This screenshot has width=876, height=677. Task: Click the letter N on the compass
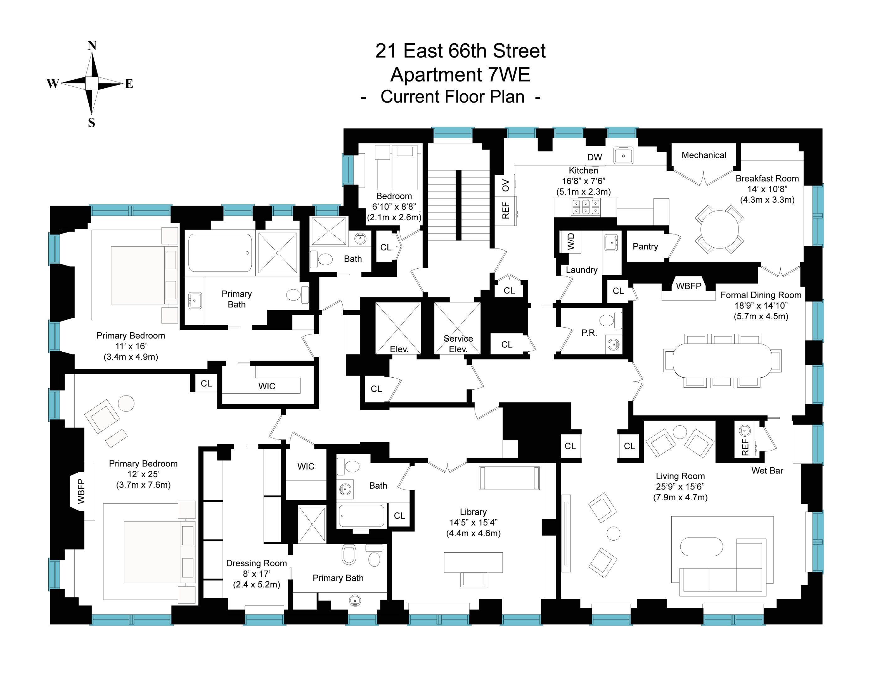point(92,46)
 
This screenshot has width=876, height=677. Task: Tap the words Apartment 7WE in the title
point(460,75)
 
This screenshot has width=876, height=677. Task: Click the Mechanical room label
point(704,155)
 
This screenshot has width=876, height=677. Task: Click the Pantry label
point(645,247)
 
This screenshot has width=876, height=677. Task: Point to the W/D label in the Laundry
point(571,241)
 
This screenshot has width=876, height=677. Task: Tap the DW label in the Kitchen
point(595,157)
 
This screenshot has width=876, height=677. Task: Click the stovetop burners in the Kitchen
point(585,207)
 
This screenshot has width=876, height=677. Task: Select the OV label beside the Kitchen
point(505,185)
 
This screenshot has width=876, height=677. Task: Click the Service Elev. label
point(458,344)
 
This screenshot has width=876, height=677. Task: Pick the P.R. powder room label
point(589,333)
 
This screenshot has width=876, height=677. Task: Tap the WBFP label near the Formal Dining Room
point(688,286)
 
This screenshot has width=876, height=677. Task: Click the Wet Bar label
point(767,470)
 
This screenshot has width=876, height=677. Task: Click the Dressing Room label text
point(256,563)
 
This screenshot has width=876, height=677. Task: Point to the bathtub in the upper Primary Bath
point(220,253)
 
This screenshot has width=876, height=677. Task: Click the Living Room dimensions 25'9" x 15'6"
point(680,486)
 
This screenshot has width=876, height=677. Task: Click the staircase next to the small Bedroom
point(458,205)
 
